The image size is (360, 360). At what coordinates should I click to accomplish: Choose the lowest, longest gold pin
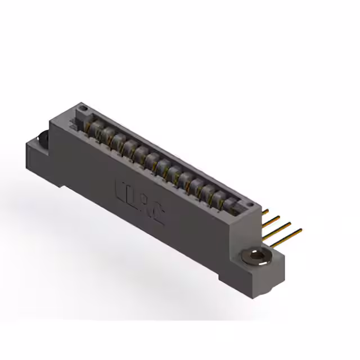(290, 233)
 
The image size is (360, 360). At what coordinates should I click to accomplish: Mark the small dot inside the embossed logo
(143, 199)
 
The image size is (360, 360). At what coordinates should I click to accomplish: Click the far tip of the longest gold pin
(300, 229)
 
